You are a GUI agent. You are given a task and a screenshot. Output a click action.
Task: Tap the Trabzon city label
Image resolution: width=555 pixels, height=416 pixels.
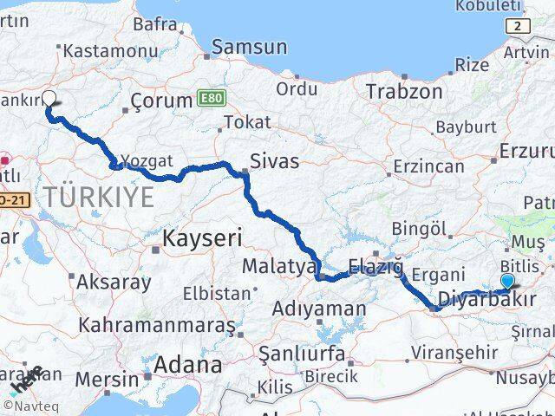pos(404,91)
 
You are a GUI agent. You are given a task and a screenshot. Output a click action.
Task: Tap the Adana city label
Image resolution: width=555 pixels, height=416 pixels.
pos(187,365)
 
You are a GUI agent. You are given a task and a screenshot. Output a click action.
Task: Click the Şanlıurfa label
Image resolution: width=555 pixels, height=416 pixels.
pos(304,354)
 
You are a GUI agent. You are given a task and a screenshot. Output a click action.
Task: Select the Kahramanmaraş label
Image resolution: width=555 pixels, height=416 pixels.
pos(156,326)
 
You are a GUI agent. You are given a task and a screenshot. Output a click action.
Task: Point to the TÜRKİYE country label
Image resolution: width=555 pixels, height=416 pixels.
pos(100,196)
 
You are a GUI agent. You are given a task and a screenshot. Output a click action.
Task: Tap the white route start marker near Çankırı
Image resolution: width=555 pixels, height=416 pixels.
pos(49,99)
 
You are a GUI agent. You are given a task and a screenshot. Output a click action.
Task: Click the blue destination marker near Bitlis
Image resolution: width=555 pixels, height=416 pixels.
pos(507,281)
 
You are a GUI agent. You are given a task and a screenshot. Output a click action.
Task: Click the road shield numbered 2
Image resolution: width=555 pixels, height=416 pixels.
pos(519,26)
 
